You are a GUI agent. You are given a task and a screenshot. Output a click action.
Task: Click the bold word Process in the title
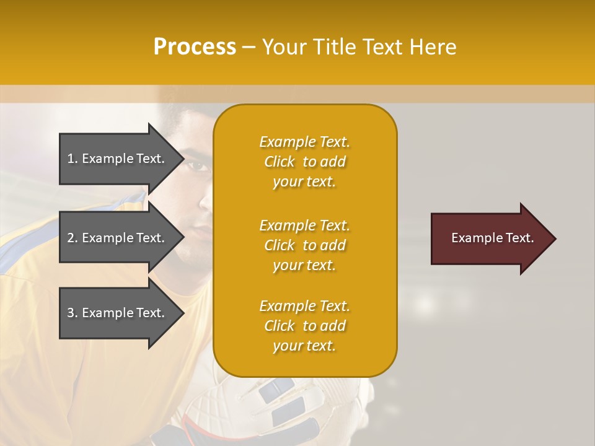point(195,47)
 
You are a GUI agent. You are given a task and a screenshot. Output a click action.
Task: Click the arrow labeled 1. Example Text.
point(118,159)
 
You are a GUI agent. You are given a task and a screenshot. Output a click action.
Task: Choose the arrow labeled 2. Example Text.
point(118,238)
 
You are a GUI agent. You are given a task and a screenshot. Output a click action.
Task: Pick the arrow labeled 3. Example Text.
point(118,313)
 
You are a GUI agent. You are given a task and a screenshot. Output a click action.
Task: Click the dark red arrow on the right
point(490,238)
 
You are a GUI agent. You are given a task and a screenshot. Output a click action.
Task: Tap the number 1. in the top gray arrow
point(73,159)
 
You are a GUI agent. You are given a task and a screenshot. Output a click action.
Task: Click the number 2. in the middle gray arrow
point(73,238)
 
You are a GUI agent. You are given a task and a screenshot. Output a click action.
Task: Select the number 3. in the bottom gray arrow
point(73,313)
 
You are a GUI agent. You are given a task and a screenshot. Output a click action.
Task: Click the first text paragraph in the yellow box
point(304,162)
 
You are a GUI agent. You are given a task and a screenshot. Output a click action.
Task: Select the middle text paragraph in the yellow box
point(304,245)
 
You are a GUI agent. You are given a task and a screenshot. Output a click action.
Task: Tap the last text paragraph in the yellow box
point(304,326)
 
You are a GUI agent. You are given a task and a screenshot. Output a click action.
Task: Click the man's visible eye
point(197,165)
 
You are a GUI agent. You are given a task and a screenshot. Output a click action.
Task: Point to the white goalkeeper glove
point(279,403)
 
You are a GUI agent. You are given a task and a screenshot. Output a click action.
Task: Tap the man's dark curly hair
point(186,118)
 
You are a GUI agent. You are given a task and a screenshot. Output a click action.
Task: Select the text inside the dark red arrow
point(492,238)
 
